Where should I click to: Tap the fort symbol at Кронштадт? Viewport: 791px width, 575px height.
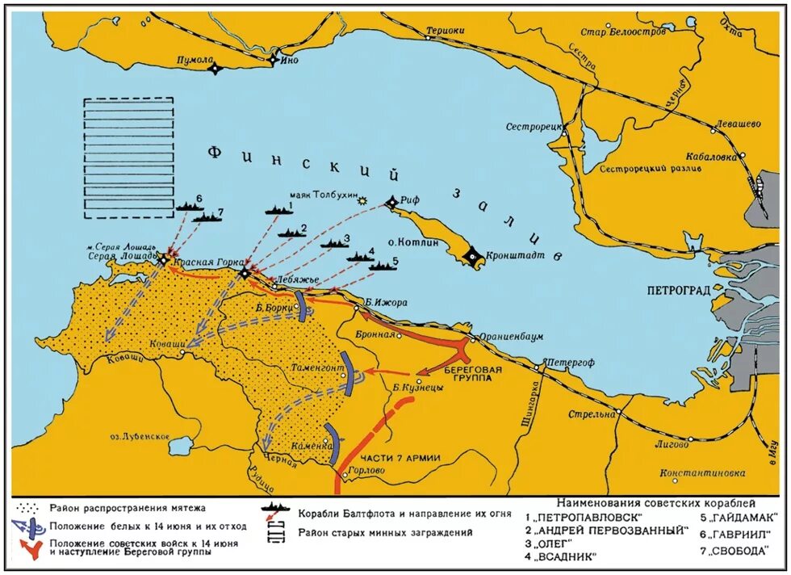point(473,256)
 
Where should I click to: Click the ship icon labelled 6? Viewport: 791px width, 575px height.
point(190,207)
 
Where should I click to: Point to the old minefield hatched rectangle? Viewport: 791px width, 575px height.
point(128,157)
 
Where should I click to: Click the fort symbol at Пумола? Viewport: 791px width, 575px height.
point(215,69)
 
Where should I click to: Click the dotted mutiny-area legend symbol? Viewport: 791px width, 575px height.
point(28,508)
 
